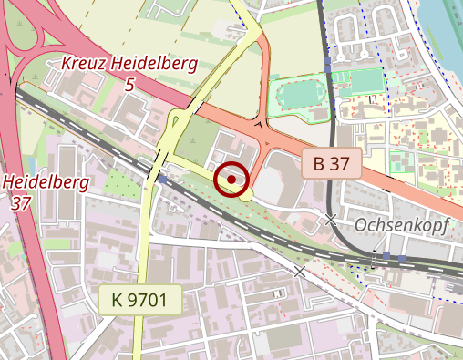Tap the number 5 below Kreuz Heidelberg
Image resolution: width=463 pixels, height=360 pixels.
[129, 85]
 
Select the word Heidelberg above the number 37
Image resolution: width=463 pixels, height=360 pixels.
[45, 181]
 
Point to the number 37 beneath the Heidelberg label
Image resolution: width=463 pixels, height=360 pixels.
[22, 202]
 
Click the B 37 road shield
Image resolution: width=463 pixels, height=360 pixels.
[331, 164]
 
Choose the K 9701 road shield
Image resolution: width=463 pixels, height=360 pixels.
[140, 299]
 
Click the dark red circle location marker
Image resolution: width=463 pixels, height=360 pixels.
[232, 180]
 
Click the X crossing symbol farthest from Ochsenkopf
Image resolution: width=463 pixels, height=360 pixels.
[299, 272]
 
